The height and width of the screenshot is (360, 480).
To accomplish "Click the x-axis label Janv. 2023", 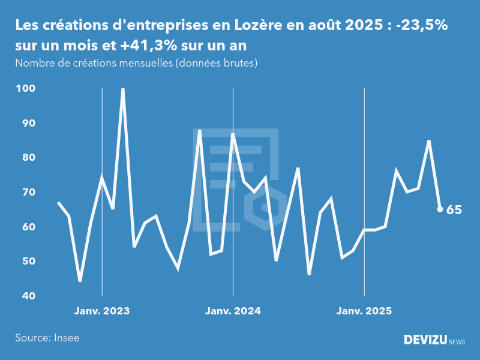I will [102, 311].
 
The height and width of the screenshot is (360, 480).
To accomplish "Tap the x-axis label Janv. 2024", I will [233, 311].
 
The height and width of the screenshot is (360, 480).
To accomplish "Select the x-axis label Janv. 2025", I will [364, 311].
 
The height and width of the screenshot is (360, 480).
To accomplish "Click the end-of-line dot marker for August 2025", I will [440, 209].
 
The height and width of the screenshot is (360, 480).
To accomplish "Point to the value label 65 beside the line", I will [454, 210].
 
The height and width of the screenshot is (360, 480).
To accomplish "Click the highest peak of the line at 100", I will [123, 89].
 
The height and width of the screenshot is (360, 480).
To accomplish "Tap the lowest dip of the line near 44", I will [80, 281].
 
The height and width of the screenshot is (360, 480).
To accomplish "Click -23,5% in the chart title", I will [422, 26].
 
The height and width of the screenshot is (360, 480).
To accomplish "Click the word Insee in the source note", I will [66, 338].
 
